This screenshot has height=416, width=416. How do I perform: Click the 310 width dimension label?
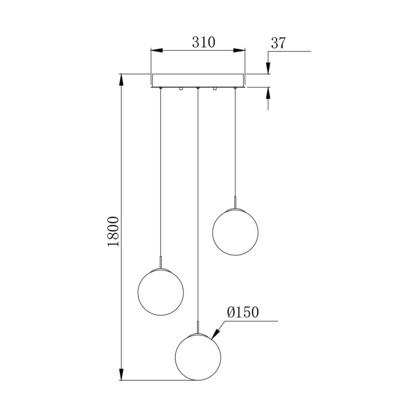pos(203,42)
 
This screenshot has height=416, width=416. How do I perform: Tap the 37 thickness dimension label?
pos(278,43)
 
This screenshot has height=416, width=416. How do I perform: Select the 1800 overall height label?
pos(114,231)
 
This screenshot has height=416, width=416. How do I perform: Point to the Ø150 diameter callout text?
pos(242,312)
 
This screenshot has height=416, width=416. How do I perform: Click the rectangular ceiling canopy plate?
pos(198,80)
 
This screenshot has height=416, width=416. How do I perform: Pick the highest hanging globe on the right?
pos(235,232)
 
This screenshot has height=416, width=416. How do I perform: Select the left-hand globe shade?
pos(161,292)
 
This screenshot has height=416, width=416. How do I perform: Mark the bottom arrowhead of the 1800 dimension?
pos(121,374)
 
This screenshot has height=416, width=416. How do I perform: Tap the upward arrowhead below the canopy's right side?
pos(268,93)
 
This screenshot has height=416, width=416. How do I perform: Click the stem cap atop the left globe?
pos(161,262)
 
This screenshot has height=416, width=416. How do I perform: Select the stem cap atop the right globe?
pos(235,202)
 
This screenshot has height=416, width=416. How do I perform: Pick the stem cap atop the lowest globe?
pos(198,327)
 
